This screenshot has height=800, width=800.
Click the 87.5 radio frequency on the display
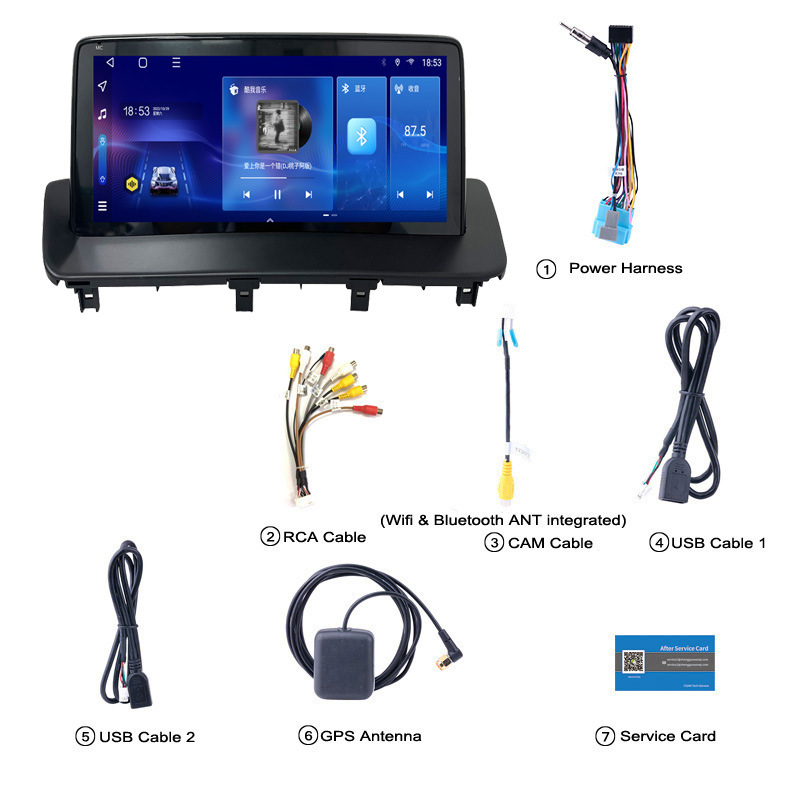click(x=415, y=131)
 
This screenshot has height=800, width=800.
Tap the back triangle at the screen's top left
click(x=102, y=62)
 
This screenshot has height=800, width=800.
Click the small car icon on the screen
click(x=163, y=181)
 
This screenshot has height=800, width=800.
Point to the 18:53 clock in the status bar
click(x=431, y=62)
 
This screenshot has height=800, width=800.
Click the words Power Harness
click(x=625, y=268)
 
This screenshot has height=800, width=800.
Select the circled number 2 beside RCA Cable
click(x=269, y=537)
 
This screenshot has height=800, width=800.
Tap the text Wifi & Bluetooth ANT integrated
click(x=503, y=520)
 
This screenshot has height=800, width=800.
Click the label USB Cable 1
click(x=718, y=543)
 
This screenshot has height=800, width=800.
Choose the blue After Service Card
click(x=665, y=662)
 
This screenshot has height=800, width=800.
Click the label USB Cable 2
click(x=146, y=737)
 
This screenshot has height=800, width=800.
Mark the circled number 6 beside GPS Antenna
click(x=307, y=736)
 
